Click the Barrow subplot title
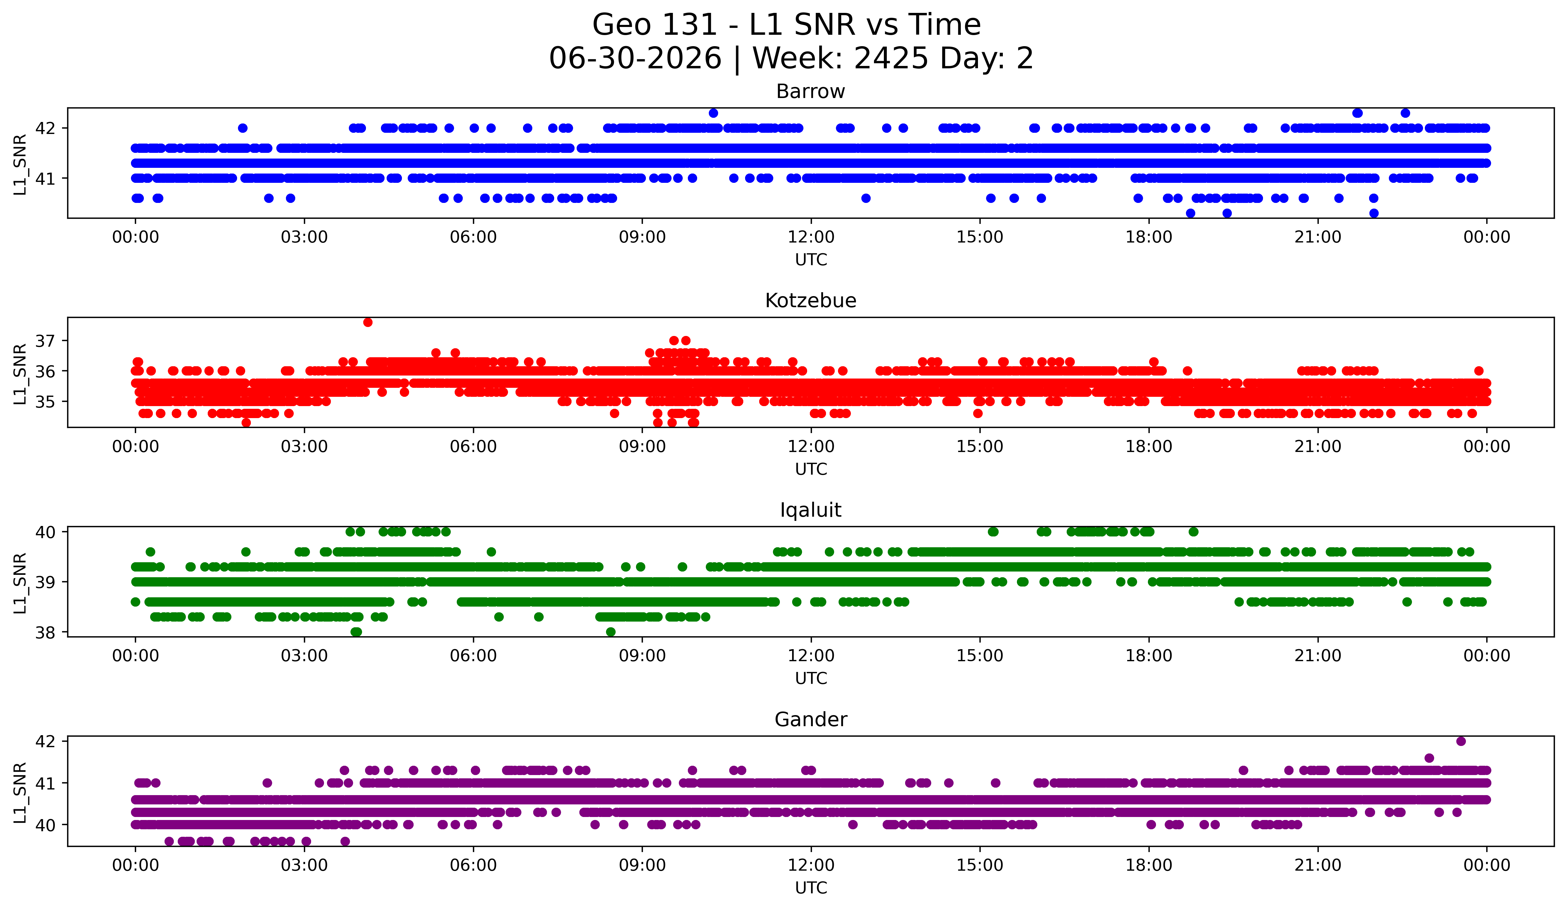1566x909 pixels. [810, 91]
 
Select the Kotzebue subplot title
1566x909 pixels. [810, 301]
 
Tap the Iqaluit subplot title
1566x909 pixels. [810, 510]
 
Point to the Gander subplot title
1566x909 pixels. [810, 720]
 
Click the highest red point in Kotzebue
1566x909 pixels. [368, 322]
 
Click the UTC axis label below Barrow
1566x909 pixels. [811, 260]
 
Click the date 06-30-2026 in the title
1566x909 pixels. [635, 58]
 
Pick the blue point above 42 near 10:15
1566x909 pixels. [713, 113]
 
